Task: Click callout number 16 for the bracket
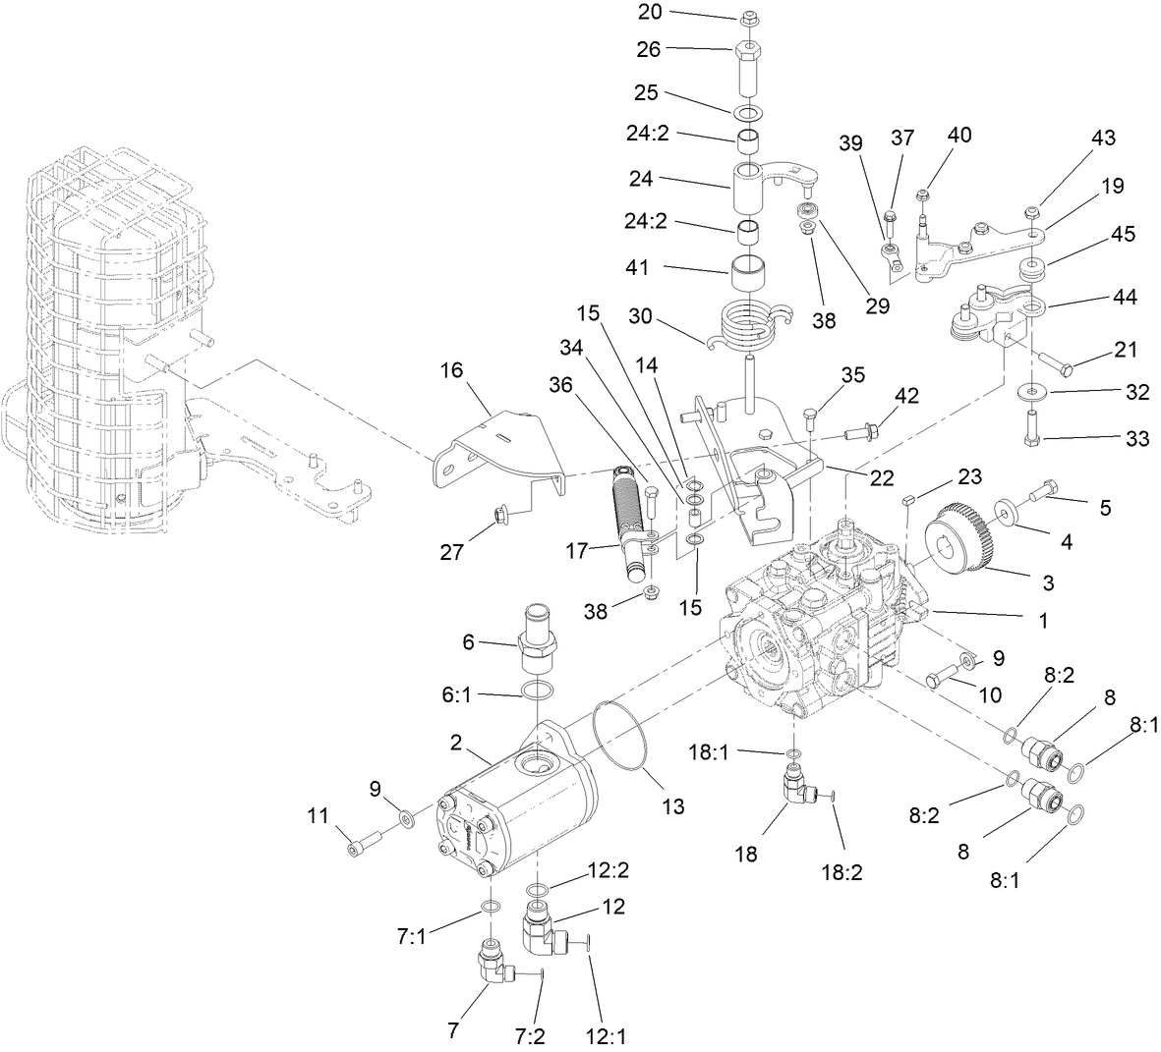(x=450, y=370)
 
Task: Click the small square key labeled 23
(x=908, y=499)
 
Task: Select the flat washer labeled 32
(x=1031, y=393)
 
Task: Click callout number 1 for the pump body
(x=1043, y=621)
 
